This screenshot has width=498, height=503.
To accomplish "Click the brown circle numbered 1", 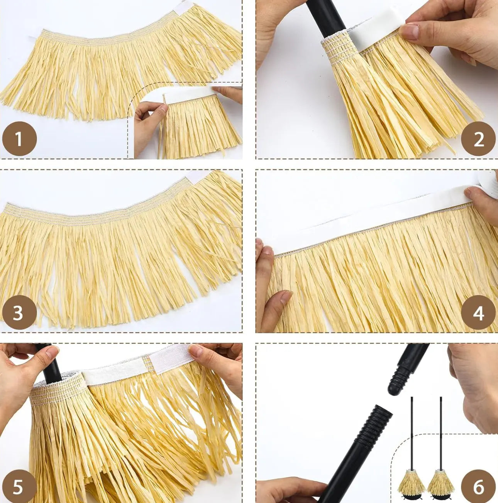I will pos(19,138).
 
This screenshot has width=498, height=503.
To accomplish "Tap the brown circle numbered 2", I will pos(478,138).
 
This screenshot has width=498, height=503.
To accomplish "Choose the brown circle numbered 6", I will pos(478,487).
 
